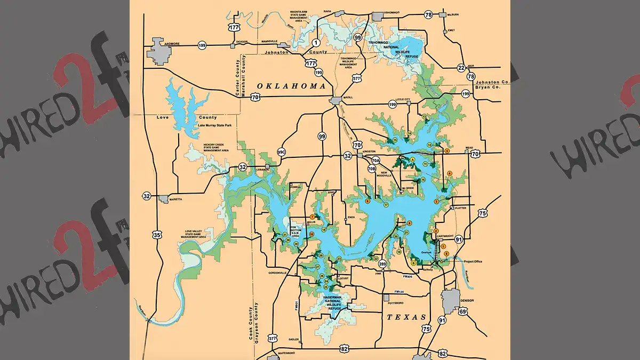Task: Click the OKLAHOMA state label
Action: point(291,86)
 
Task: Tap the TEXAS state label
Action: point(406,317)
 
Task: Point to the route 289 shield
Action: point(382,264)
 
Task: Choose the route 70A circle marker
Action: point(375,161)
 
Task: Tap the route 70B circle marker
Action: point(372,169)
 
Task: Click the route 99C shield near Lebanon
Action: point(282,152)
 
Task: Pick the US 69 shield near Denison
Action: point(463,311)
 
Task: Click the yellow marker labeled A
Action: point(413,159)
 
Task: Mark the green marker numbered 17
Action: point(386,205)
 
